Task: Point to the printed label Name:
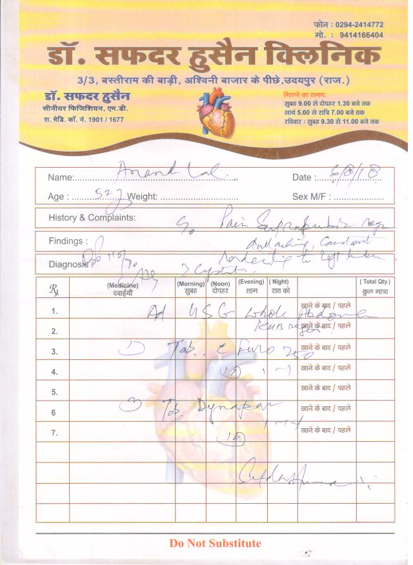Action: tap(61, 177)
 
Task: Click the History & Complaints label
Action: tap(92, 218)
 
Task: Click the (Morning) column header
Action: tap(191, 285)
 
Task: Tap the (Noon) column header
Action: tap(221, 285)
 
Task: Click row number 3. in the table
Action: tap(55, 352)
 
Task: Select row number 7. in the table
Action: tap(55, 433)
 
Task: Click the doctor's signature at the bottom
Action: tap(284, 478)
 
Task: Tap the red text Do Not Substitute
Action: tap(215, 543)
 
